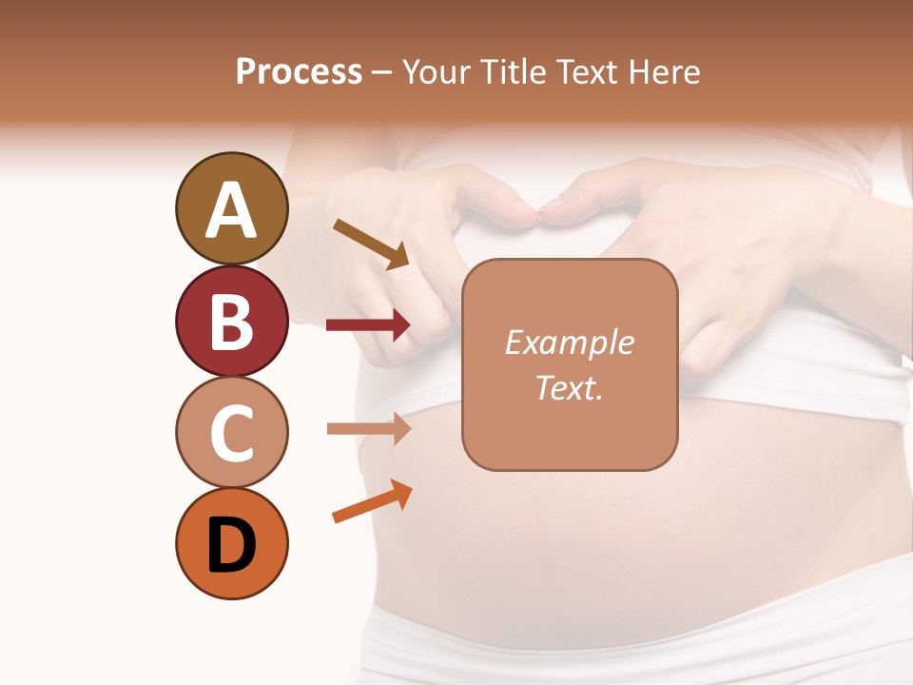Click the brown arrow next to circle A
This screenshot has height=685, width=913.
[x=371, y=244]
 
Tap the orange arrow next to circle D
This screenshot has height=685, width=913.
[x=372, y=502]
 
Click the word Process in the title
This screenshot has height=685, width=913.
[x=299, y=71]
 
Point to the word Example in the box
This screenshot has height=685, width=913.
[x=569, y=342]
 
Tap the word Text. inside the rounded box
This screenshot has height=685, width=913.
[x=569, y=387]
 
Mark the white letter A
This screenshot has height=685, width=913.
[x=232, y=210]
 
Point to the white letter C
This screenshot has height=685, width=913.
[x=232, y=434]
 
